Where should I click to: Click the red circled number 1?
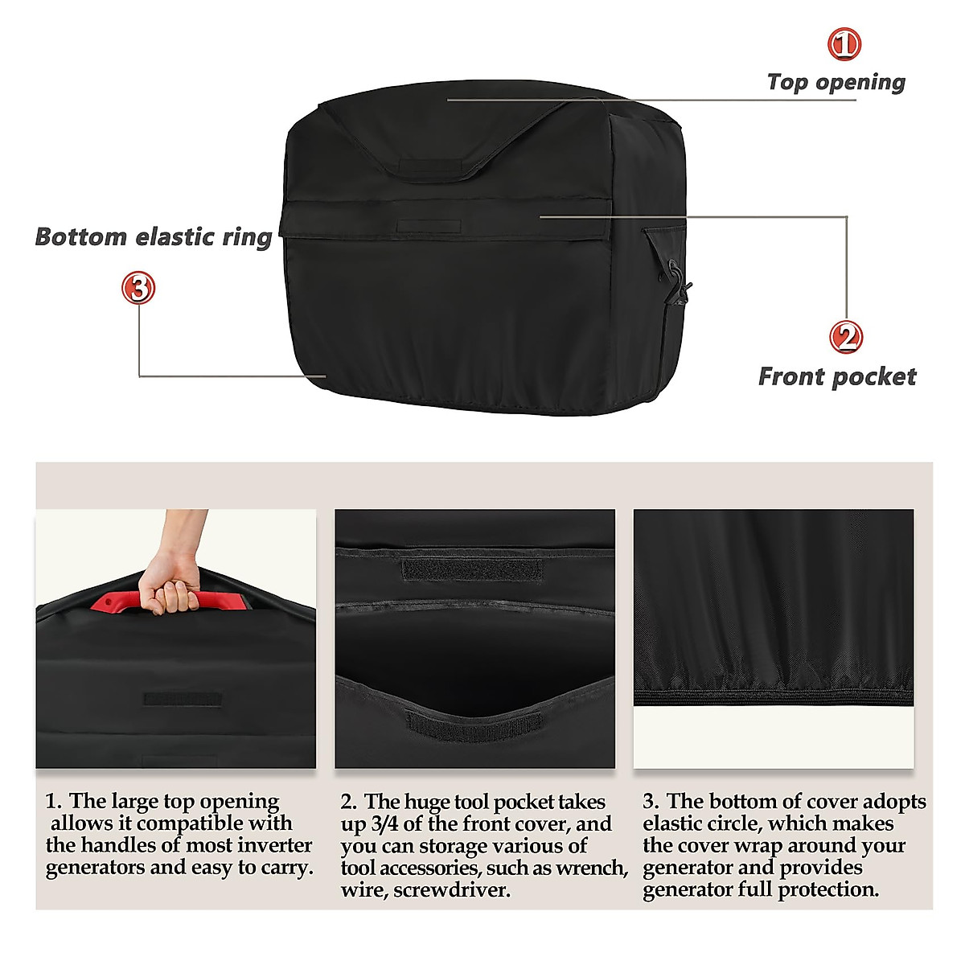click(844, 44)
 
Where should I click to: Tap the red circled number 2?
click(846, 336)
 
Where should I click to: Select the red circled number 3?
click(138, 287)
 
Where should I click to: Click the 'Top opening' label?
click(836, 82)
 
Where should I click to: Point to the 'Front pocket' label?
click(837, 376)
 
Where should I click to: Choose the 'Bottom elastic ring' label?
click(154, 237)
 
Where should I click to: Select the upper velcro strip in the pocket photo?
click(472, 569)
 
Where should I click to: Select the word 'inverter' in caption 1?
click(279, 846)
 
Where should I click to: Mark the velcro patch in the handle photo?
click(182, 698)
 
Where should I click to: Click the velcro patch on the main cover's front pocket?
click(429, 226)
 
